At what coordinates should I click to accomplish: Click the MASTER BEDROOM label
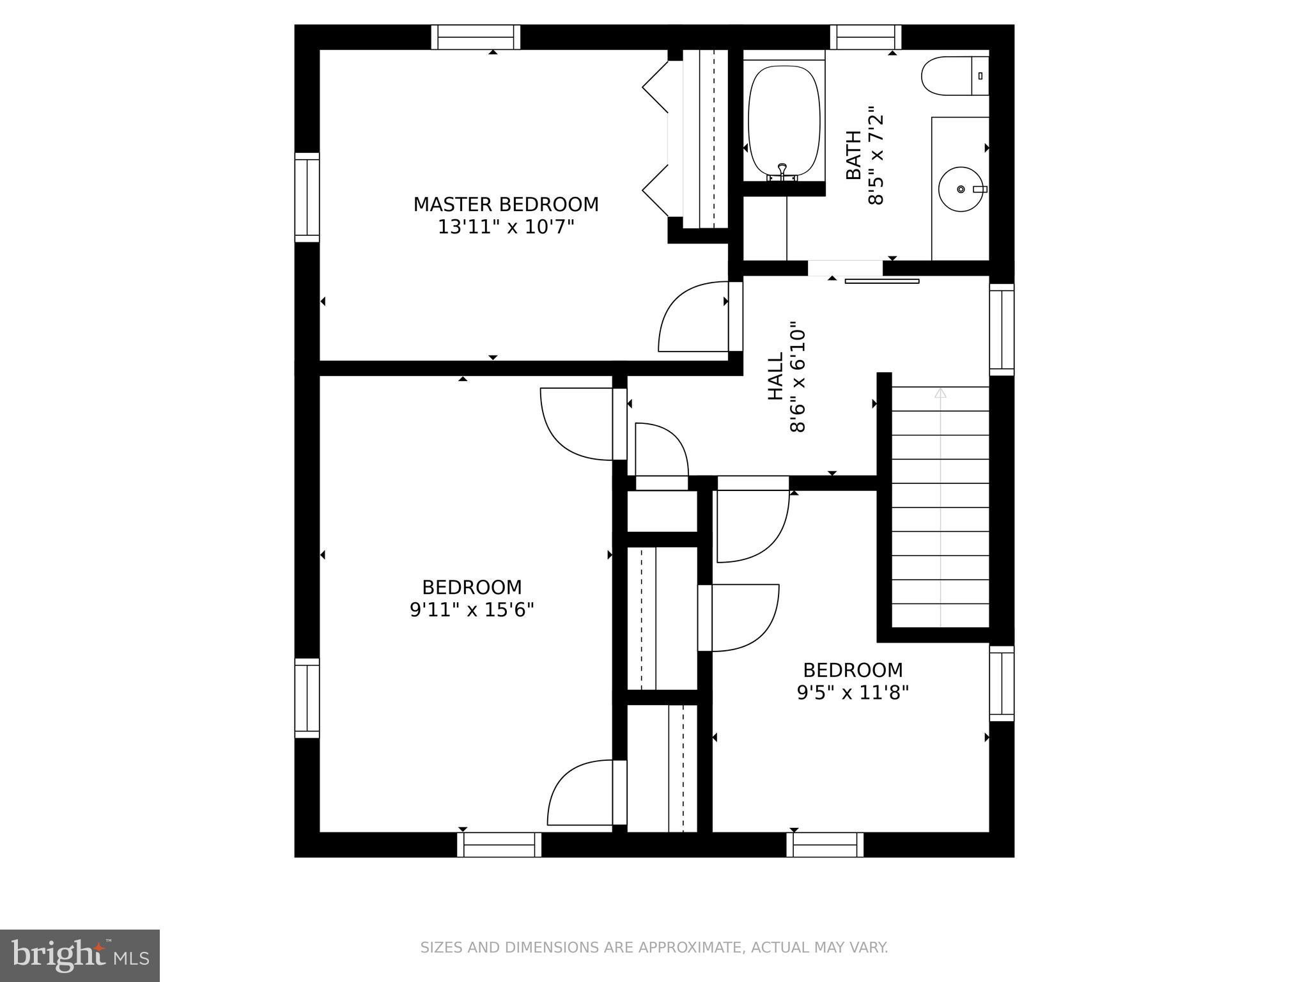[506, 205]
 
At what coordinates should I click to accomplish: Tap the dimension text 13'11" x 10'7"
[506, 227]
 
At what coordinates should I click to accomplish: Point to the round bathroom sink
[959, 189]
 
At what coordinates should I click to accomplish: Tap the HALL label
[775, 377]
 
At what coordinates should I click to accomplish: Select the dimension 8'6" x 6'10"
[798, 377]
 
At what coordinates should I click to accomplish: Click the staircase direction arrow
[940, 394]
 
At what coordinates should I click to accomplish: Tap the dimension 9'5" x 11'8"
[853, 692]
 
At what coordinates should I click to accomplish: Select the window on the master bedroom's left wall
[307, 198]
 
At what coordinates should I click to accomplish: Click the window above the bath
[865, 38]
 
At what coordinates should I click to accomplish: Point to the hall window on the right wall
[1002, 330]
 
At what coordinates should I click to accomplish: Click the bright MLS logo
[79, 956]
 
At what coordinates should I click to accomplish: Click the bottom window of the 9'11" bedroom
[499, 845]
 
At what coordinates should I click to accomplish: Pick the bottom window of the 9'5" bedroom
[825, 845]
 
